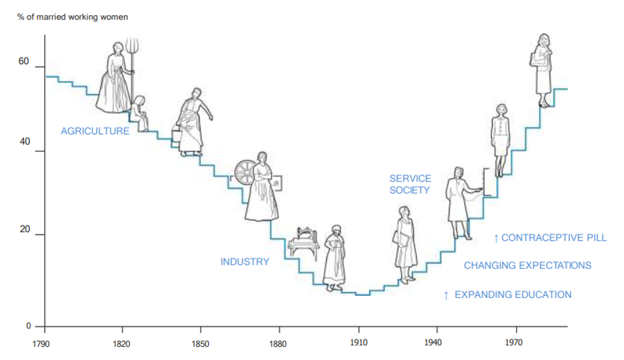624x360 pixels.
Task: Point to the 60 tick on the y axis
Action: pos(24,62)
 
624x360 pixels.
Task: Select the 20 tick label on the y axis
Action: pos(24,230)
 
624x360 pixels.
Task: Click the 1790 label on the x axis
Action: pos(44,344)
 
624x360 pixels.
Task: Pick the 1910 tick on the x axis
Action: pos(358,344)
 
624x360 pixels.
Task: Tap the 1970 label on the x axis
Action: pos(513,344)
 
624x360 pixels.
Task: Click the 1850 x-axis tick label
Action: pos(200,344)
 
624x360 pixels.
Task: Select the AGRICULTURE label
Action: pos(95,131)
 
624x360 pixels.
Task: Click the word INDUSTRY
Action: pos(245,261)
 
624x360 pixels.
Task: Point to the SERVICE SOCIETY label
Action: pos(410,184)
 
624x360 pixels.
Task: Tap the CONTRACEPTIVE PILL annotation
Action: pos(550,237)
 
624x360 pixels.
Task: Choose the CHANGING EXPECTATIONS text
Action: pos(527,265)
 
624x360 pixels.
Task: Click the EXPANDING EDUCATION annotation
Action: pos(507,294)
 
